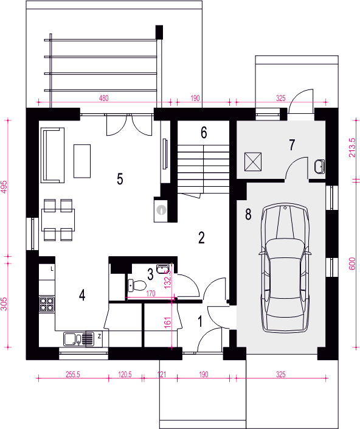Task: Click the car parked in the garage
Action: point(285,268)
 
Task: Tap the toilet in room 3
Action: point(137,285)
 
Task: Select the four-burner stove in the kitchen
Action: point(46,304)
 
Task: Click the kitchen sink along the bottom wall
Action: point(78,339)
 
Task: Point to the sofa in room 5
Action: point(53,155)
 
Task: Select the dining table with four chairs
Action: point(58,220)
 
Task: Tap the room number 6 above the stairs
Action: point(204,133)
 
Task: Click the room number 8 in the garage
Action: point(248,214)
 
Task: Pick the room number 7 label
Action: point(292,145)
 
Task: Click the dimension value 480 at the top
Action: point(104,98)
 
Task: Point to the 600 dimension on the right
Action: point(352,263)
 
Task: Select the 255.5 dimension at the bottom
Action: point(73,374)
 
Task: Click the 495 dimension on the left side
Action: point(4,187)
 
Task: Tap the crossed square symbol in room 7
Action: point(253,162)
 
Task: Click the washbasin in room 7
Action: point(319,167)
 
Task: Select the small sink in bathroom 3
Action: point(163,269)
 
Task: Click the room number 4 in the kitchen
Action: point(82,295)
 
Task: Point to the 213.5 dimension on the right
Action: point(352,147)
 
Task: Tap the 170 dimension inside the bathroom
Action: point(151,293)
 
